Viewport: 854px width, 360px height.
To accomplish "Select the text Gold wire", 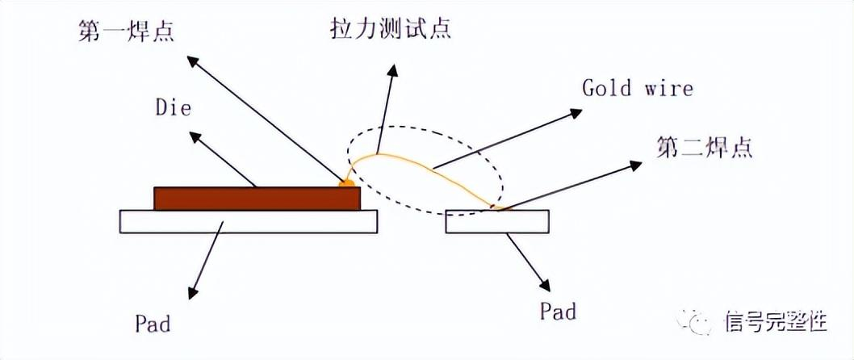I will (x=637, y=87).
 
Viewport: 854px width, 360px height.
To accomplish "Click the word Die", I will (x=174, y=107).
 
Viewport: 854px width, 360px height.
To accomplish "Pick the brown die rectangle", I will (x=257, y=199).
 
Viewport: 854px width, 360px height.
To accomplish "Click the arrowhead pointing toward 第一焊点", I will (x=190, y=61).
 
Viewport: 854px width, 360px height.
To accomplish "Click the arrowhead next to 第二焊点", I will (x=635, y=165).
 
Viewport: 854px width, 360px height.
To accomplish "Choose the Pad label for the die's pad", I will (x=153, y=324).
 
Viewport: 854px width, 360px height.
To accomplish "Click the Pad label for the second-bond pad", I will (x=557, y=311).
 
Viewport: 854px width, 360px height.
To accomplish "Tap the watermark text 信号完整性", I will (x=777, y=320).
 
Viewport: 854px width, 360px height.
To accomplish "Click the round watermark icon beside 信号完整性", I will (x=699, y=321).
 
